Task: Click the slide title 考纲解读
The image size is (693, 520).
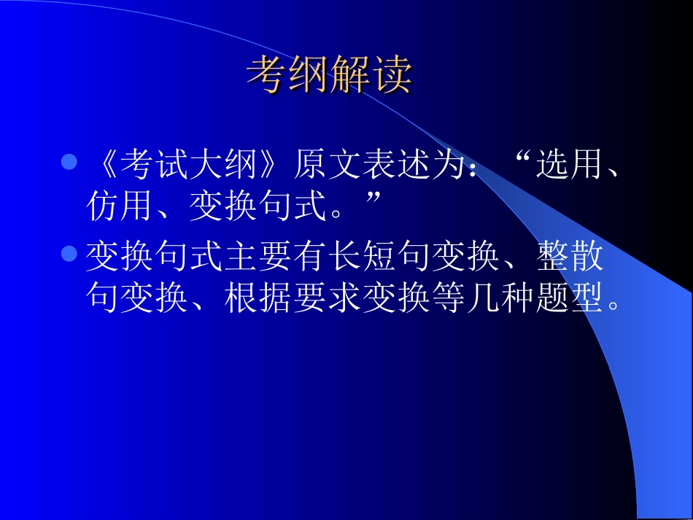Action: (x=330, y=74)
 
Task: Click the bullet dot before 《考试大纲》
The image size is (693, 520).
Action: (x=69, y=162)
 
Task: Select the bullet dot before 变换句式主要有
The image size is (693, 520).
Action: (x=69, y=254)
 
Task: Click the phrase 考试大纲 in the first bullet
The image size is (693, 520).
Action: (x=190, y=168)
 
